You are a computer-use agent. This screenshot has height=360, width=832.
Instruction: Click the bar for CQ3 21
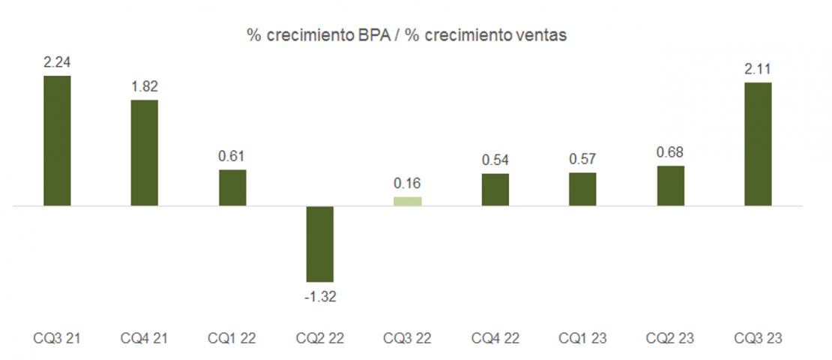point(57,140)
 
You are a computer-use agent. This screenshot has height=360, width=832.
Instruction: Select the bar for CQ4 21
point(145,152)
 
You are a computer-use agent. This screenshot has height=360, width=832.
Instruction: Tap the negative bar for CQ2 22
point(320,244)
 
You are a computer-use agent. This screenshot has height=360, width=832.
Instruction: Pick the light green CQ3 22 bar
point(408,201)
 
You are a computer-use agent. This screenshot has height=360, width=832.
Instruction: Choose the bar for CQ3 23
point(758,143)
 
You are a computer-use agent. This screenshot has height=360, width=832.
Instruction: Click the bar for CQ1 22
point(232,187)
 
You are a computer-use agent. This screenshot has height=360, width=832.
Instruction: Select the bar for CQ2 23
point(670,185)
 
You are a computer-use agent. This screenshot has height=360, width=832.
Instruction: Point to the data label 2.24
point(57,62)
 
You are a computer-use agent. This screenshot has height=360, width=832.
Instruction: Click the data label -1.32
point(320,296)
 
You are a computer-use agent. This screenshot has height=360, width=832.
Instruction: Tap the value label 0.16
point(408,184)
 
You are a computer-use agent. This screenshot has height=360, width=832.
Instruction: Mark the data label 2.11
point(758,69)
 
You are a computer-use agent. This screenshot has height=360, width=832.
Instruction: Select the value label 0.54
point(495,160)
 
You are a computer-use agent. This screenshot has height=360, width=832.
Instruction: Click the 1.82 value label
point(145,86)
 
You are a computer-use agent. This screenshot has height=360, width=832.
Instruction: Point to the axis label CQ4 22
point(495,338)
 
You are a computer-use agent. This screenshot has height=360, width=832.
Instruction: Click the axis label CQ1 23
point(582,338)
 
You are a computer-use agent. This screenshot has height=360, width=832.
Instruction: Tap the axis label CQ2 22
point(320,338)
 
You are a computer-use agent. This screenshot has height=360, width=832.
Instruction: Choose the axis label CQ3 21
point(57,338)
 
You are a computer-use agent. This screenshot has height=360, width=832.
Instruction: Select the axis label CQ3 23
point(758,338)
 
